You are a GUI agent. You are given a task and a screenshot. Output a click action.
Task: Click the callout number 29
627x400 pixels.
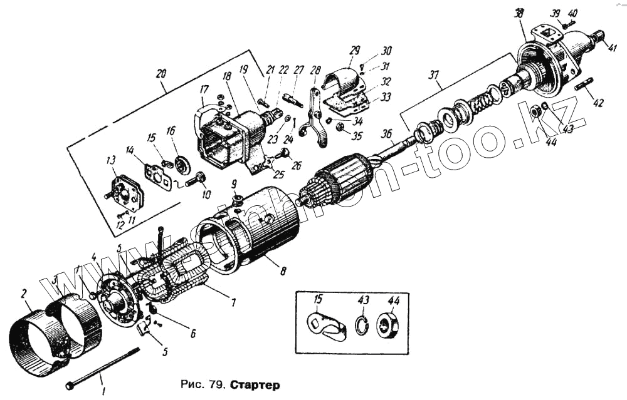tap(355, 49)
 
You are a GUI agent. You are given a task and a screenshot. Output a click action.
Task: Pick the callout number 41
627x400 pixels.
tap(612, 48)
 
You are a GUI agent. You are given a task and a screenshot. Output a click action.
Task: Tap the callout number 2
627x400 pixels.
tap(24, 293)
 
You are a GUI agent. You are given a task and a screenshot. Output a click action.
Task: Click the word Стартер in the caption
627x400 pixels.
tap(253, 382)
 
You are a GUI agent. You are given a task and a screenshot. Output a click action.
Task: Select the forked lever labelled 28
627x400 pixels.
tap(313, 119)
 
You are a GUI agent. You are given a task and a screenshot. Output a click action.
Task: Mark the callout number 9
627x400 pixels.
tap(233, 184)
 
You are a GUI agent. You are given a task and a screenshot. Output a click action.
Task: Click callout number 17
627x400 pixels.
tap(203, 90)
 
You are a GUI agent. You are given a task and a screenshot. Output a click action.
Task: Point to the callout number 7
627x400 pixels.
tap(233, 303)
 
